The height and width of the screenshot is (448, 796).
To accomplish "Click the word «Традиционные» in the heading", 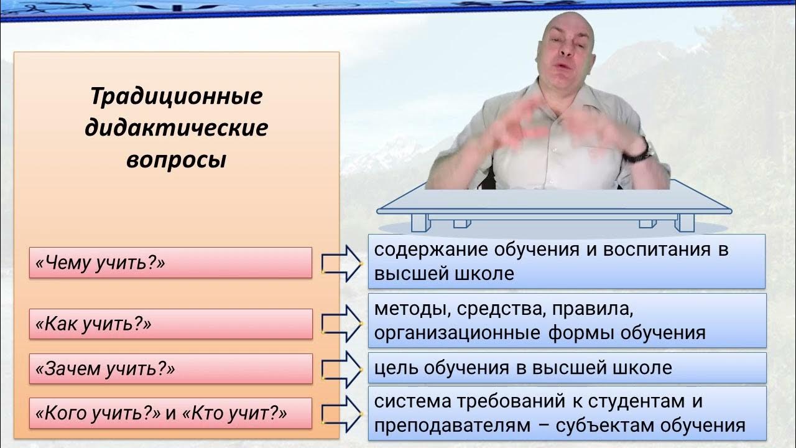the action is pos(177,96).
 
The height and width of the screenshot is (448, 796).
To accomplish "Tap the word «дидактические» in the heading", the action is pos(176,128).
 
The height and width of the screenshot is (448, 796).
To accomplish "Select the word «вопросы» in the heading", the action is pos(177,161).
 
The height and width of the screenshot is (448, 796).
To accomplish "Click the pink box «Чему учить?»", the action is pos(170,263).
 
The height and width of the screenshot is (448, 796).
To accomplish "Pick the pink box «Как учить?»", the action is pos(171,324).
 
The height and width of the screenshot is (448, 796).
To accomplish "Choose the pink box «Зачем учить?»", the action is pos(171,369).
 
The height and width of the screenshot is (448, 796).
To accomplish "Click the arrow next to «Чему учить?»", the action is pos(341,264).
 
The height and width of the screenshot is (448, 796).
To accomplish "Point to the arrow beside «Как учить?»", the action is pos(341,324).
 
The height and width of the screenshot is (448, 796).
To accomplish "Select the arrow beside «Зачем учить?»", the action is pos(341,370).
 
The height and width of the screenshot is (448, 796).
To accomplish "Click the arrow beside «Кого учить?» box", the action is pos(341,414).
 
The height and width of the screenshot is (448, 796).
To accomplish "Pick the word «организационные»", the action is pos(457,334).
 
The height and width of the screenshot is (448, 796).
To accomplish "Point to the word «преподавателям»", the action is pos(455,426).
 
